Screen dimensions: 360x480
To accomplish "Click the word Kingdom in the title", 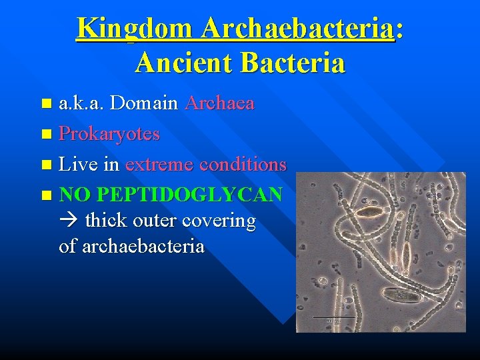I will [134, 29].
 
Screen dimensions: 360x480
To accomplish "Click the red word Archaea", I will [220, 103].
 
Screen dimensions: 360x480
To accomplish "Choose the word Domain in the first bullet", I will [144, 103].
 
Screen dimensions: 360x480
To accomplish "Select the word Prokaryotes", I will [109, 134].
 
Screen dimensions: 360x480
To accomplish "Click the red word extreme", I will [157, 164].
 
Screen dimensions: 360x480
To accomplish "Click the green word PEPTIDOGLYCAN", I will [190, 195].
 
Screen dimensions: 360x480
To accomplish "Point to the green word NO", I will [75, 195].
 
